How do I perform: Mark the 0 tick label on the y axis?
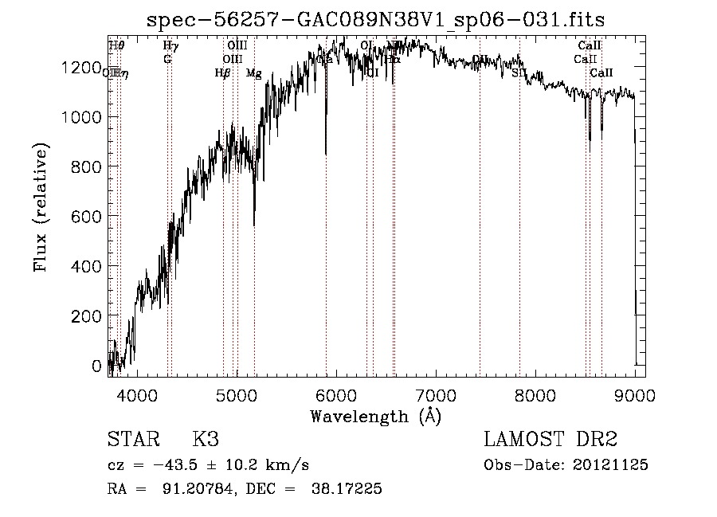[x=97, y=366]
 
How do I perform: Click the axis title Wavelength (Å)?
[x=375, y=416]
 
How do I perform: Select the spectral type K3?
[x=206, y=440]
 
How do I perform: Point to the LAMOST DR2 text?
[x=550, y=440]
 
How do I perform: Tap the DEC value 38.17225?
[x=346, y=489]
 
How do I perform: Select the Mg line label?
[x=253, y=73]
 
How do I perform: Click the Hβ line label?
[x=223, y=73]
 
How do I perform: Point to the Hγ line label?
[x=170, y=46]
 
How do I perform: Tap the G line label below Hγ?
[x=167, y=59]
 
